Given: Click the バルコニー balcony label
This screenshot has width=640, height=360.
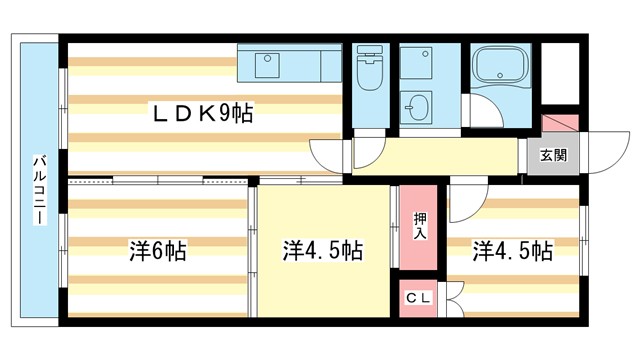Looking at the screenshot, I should pyautogui.click(x=39, y=190).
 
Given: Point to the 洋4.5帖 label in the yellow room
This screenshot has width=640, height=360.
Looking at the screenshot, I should pyautogui.click(x=322, y=250).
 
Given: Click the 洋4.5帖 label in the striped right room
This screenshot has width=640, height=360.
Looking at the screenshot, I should pyautogui.click(x=513, y=250).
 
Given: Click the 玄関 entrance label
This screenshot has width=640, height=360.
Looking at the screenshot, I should pyautogui.click(x=553, y=155).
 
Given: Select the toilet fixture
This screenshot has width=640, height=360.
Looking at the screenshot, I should pyautogui.click(x=369, y=70).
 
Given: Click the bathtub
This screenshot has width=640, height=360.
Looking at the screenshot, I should pyautogui.click(x=502, y=66).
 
